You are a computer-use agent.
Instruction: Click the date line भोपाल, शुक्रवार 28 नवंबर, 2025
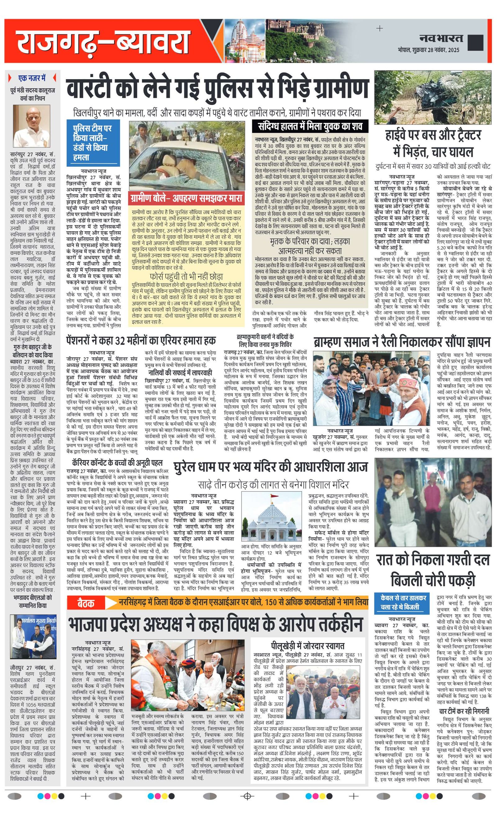(428, 50)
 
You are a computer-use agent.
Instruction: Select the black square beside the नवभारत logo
(476, 42)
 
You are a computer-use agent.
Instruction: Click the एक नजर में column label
(32, 78)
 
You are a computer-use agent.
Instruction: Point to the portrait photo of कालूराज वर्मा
(32, 126)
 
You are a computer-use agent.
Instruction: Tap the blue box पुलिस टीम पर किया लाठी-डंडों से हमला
(92, 143)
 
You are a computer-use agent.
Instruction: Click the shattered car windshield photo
(186, 156)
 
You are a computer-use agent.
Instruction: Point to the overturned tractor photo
(432, 97)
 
